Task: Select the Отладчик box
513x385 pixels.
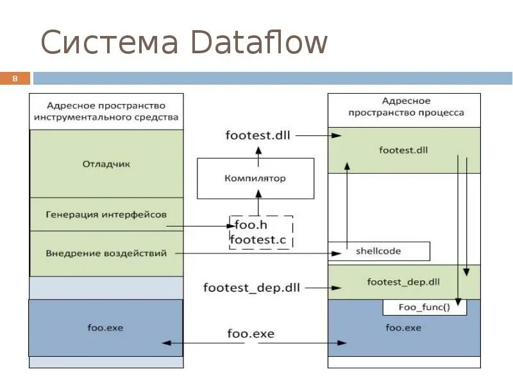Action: tap(106, 164)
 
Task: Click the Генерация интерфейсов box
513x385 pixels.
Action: tap(106, 214)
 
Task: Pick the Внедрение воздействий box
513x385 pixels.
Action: tap(106, 253)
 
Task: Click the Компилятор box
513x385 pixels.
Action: tap(255, 178)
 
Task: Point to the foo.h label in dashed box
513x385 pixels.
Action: tap(248, 225)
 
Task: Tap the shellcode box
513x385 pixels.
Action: tap(378, 251)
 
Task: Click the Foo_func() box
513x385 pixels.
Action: tap(425, 307)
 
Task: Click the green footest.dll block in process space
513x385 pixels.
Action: tap(404, 151)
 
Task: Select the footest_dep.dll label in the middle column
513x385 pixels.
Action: tap(251, 287)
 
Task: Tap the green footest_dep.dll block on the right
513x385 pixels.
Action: tap(404, 282)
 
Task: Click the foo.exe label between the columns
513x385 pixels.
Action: tap(250, 334)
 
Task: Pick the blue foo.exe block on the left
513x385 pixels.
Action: tap(106, 328)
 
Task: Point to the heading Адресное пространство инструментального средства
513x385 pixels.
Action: tap(106, 111)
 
